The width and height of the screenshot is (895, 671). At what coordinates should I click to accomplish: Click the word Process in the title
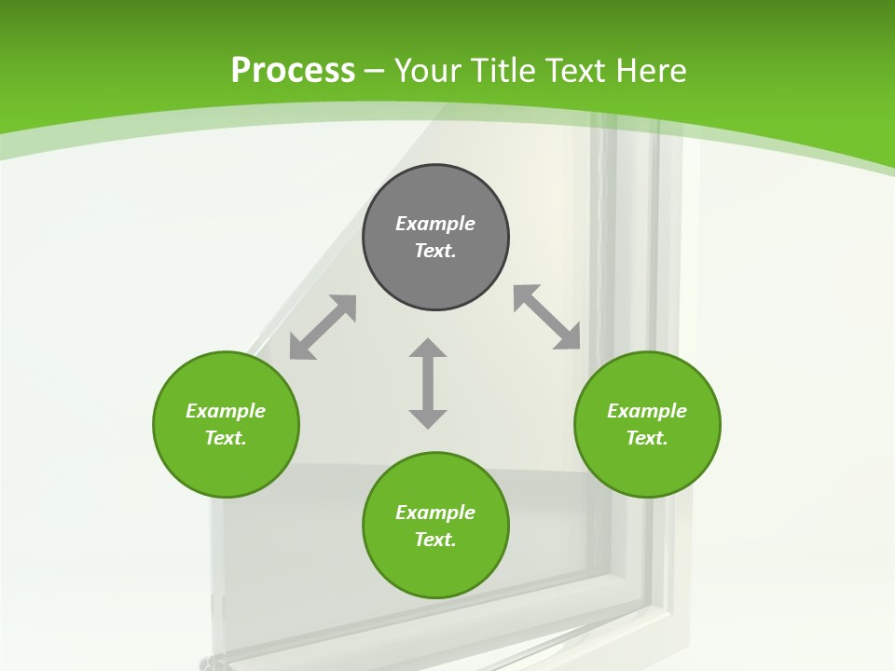293,71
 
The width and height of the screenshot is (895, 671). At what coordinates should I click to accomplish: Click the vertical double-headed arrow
428,383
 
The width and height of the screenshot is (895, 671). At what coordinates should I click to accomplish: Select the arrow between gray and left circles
323,327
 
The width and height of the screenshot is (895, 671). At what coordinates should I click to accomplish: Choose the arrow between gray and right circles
547,317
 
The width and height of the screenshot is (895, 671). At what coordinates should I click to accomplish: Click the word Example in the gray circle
435,224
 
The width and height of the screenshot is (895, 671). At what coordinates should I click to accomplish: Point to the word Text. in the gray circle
435,251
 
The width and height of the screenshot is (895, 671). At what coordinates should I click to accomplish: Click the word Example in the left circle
226,411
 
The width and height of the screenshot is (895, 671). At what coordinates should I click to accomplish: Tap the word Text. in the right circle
647,438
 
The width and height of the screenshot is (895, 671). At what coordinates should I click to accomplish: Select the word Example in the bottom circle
435,513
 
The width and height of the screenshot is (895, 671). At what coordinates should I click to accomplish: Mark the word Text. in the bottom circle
435,540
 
